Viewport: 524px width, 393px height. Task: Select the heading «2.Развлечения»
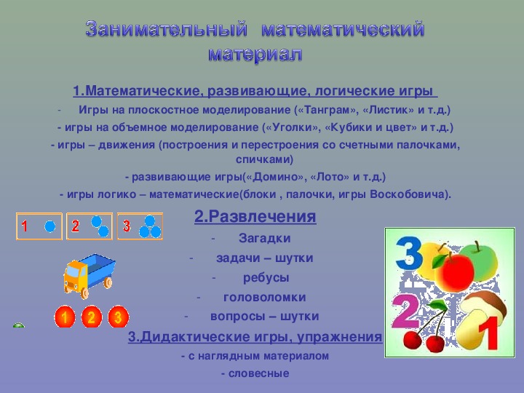pyautogui.click(x=255, y=217)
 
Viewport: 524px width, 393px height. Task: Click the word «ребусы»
pyautogui.click(x=266, y=278)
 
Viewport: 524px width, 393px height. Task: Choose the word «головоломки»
pyautogui.click(x=264, y=298)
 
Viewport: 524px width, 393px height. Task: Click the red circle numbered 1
pyautogui.click(x=65, y=317)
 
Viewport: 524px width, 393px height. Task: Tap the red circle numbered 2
pyautogui.click(x=92, y=317)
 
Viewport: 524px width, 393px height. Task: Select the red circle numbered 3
pyautogui.click(x=119, y=317)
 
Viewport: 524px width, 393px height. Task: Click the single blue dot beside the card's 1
pyautogui.click(x=49, y=226)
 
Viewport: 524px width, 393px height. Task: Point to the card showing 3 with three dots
pyautogui.click(x=140, y=226)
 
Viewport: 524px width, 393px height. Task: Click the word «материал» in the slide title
pyautogui.click(x=254, y=54)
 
